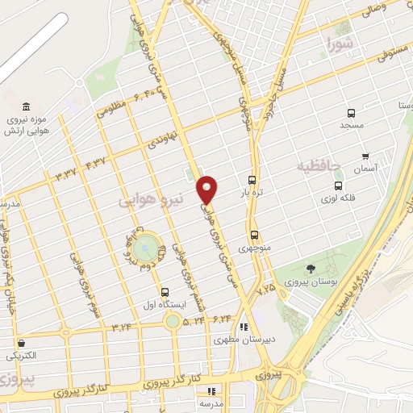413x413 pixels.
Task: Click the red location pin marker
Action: point(207,189)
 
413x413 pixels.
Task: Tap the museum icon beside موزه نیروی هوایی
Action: point(28,108)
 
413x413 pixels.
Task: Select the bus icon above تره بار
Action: point(253,180)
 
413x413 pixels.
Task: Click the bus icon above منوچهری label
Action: point(255,235)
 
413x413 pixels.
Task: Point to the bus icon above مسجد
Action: point(351,114)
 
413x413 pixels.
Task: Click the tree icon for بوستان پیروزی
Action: point(311,268)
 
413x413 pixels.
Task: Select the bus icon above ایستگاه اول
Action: point(165,291)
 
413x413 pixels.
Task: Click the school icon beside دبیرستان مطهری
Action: point(243,327)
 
